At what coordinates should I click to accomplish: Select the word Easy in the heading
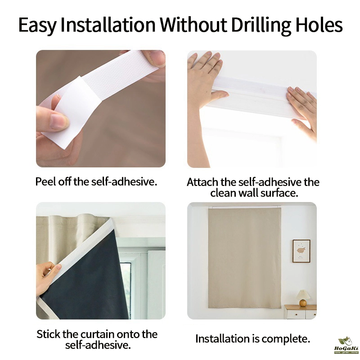coord(37,26)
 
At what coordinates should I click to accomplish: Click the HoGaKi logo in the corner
coord(346,345)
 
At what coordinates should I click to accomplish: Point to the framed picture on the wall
coord(301,251)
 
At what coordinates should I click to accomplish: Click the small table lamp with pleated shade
coord(303,298)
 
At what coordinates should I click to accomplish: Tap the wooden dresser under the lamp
coord(300,312)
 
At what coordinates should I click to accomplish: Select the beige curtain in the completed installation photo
coord(244,258)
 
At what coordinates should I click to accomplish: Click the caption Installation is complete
coord(252,339)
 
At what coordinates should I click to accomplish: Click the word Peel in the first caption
coord(46,181)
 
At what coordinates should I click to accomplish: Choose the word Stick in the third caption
coord(48,334)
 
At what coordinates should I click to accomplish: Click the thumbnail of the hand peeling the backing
coord(101,108)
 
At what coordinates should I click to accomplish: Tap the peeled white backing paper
coord(67,110)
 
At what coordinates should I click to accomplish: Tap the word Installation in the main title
coord(108,25)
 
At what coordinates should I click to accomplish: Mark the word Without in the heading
coord(193,25)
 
